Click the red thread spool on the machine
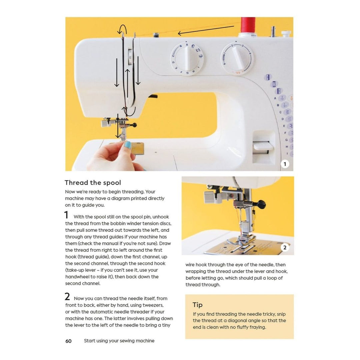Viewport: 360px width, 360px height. pos(248,25)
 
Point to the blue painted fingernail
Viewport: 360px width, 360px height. pos(128,145)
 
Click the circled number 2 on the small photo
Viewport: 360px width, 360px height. pos(284,248)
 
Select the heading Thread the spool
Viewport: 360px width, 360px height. pos(93,183)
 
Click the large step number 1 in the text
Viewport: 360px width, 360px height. pos(66,215)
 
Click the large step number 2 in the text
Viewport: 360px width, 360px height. pos(67,297)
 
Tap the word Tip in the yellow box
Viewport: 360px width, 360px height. pos(197,305)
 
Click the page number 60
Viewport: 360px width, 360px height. pos(68,341)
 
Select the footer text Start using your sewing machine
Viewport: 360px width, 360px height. pos(119,341)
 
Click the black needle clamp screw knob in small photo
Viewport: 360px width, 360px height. pos(261,203)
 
